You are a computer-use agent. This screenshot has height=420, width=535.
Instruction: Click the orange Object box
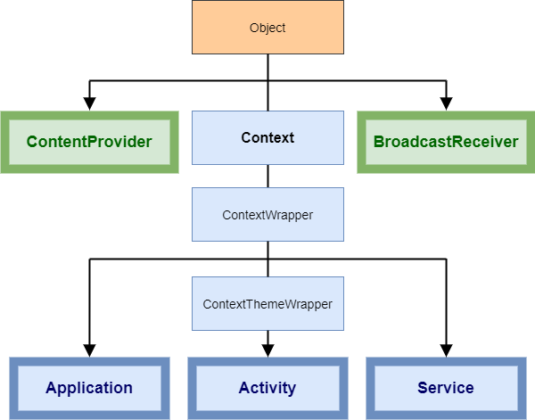point(267,28)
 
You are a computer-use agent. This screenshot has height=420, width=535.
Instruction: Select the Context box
point(267,138)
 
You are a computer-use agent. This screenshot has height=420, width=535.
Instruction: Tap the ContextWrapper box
point(267,214)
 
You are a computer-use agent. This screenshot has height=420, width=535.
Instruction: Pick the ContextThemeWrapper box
point(267,304)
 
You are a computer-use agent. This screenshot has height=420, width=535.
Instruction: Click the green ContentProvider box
point(89,142)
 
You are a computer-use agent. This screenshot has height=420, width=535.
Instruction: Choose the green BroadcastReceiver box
point(446,142)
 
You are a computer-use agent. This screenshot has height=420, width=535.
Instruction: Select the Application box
point(89,388)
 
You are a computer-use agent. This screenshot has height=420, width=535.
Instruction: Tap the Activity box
point(267,388)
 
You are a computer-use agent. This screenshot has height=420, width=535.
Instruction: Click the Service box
point(446,388)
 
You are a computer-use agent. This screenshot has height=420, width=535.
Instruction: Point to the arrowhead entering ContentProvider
point(89,103)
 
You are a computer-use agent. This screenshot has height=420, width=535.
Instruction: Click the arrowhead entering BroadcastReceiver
point(447,103)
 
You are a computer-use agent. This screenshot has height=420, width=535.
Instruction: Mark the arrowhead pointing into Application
point(89,350)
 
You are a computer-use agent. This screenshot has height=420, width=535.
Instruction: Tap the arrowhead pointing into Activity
point(267,350)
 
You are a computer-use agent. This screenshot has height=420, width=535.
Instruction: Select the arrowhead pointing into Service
point(447,350)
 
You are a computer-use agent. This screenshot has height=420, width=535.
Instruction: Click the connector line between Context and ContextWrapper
point(267,176)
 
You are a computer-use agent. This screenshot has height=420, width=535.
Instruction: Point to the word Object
point(267,28)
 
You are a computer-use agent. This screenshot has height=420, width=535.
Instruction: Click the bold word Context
point(267,138)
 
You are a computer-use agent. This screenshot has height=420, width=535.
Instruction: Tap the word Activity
point(267,388)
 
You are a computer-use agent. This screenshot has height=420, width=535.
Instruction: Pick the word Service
point(446,388)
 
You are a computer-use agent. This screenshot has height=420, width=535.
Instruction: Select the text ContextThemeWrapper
point(267,304)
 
